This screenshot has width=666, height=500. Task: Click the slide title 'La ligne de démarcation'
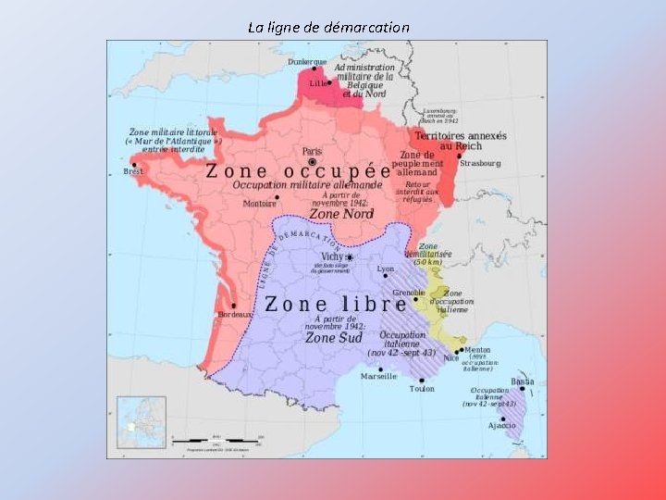coord(328,27)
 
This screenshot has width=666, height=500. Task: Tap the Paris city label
coord(312,151)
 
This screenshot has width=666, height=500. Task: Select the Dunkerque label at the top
coord(307,62)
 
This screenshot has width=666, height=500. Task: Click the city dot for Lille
coord(329,82)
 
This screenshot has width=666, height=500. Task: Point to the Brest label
coord(134,171)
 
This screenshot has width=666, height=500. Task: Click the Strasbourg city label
coord(480,163)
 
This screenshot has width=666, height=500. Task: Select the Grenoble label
coord(409,293)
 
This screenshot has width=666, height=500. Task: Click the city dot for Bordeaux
coord(234,306)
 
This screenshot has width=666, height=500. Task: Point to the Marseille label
coord(378,377)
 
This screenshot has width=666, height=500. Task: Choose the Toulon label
coord(422,389)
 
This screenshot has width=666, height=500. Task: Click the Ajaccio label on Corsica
coord(502,425)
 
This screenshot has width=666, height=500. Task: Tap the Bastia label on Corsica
coord(523,381)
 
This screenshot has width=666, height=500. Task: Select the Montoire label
coord(260,204)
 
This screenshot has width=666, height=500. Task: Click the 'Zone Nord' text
coord(340,214)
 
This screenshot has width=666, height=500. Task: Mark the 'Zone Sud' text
coord(334,338)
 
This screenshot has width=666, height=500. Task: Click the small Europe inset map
coord(142,422)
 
